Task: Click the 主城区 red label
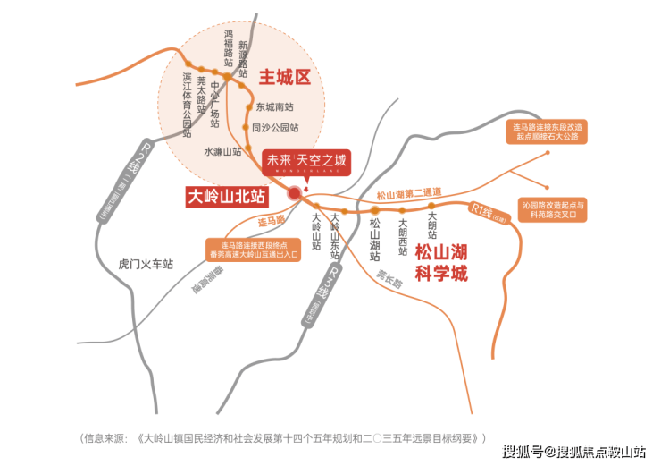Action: click(x=284, y=78)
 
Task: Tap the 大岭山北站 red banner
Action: click(x=227, y=194)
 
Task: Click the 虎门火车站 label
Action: click(x=146, y=265)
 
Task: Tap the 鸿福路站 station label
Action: click(x=229, y=48)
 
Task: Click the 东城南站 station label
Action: click(x=275, y=106)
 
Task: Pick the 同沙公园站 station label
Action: click(x=274, y=128)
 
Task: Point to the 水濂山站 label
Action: click(x=222, y=152)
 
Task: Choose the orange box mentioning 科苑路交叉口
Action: click(x=554, y=210)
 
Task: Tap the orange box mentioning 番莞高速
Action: click(x=254, y=249)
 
